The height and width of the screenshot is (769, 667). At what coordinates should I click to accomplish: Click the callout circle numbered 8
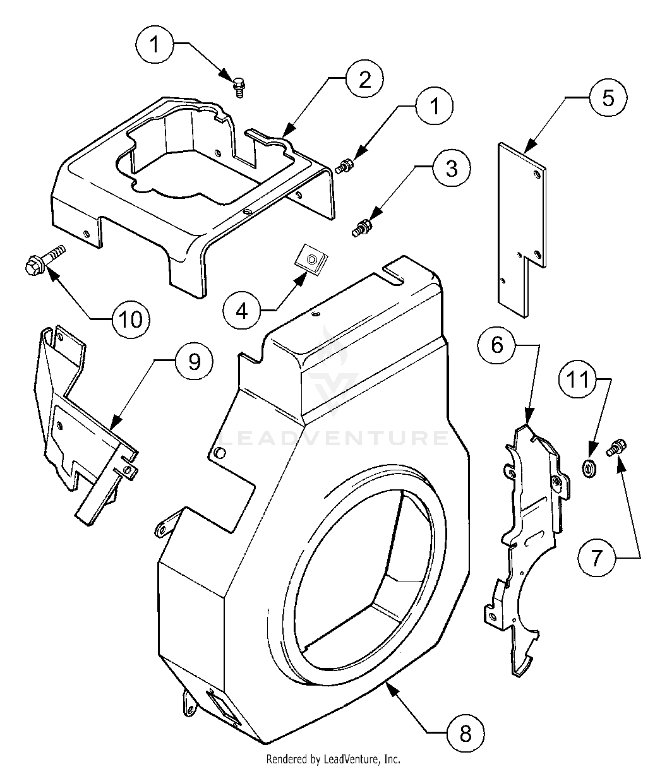coord(465,732)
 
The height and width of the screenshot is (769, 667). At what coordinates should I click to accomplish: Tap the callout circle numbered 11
coord(577,380)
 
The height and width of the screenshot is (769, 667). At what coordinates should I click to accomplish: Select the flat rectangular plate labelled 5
coord(520,221)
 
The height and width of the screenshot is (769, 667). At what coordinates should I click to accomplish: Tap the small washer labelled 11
coord(589,468)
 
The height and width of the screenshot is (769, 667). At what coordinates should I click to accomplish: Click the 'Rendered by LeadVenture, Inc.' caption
coord(333,759)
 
